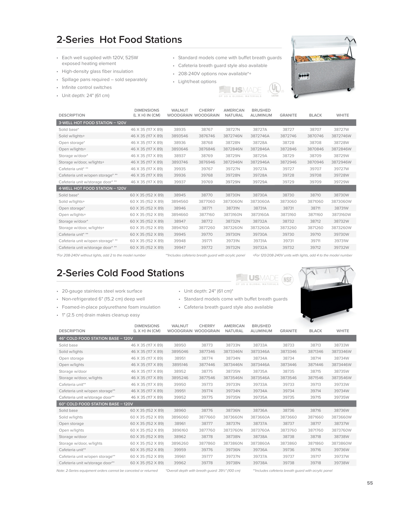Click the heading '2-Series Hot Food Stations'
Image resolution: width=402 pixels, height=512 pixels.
tap(119, 40)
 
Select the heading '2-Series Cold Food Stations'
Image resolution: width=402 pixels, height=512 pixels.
tap(120, 273)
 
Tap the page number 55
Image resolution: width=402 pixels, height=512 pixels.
tap(370, 483)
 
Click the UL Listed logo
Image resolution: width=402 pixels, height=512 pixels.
tap(275, 89)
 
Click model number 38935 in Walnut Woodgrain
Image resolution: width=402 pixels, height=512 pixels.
tap(180, 129)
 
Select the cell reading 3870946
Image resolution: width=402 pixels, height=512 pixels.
tap(315, 162)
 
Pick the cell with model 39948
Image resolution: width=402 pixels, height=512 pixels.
tap(180, 241)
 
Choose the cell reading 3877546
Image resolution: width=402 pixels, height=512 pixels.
tap(207, 378)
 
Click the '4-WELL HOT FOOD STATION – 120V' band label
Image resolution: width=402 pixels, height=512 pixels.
tap(93, 188)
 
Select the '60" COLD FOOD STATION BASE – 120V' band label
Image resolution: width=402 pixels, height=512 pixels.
tap(96, 404)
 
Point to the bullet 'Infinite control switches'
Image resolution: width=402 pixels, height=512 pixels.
tap(87, 87)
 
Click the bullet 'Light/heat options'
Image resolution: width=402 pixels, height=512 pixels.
tap(197, 82)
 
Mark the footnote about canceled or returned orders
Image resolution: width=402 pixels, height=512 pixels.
tap(107, 471)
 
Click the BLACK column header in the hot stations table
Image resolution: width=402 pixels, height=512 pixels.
tap(315, 115)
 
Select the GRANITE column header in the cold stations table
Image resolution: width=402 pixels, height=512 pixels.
tap(288, 331)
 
